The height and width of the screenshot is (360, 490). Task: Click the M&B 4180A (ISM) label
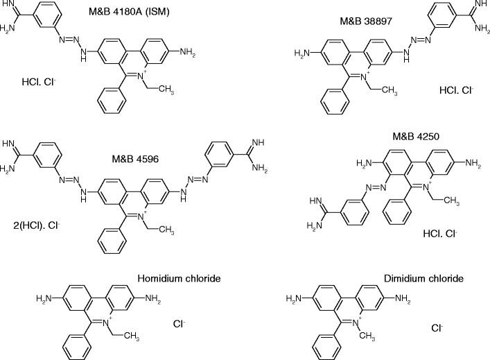(144, 12)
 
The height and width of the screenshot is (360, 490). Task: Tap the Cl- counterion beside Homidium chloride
(179, 323)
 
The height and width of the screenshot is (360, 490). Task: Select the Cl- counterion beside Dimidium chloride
(437, 328)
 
